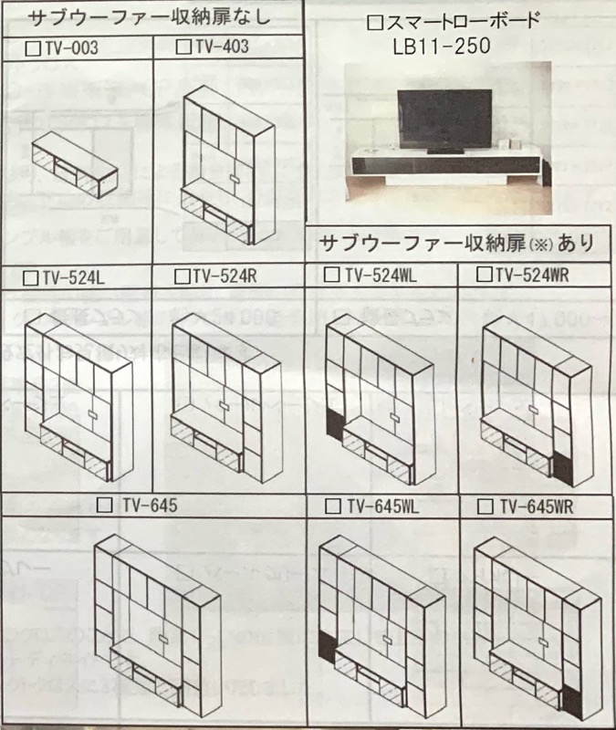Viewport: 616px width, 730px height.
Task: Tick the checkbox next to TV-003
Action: point(34,45)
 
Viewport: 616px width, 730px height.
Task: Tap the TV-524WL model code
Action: point(380,274)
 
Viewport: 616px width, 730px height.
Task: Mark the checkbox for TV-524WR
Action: point(485,274)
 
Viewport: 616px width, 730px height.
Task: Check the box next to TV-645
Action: point(104,505)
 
